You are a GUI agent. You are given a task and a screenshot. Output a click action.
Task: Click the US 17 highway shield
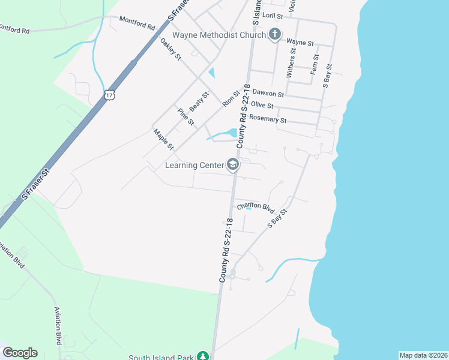[x=109, y=95]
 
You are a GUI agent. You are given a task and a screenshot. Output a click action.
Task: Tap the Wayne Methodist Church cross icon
[x=275, y=34]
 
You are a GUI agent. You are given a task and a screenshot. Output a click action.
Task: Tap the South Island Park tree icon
[x=203, y=356]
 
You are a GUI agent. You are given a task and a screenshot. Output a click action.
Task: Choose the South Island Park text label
[x=161, y=357]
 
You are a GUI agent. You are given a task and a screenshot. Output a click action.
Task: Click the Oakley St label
[x=170, y=49]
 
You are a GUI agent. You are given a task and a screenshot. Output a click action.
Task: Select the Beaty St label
[x=199, y=101]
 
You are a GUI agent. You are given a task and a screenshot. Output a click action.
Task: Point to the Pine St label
[x=186, y=116]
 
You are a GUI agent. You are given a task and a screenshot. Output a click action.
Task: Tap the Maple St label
[x=163, y=140]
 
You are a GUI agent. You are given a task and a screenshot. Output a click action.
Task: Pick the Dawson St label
[x=268, y=93]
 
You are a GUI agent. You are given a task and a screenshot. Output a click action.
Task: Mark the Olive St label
[x=262, y=105]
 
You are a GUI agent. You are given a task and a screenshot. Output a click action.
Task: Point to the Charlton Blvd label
[x=255, y=208]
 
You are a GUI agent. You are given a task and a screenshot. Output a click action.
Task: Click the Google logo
[x=20, y=353]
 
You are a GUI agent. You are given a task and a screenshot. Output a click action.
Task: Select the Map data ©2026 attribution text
[x=423, y=355]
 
